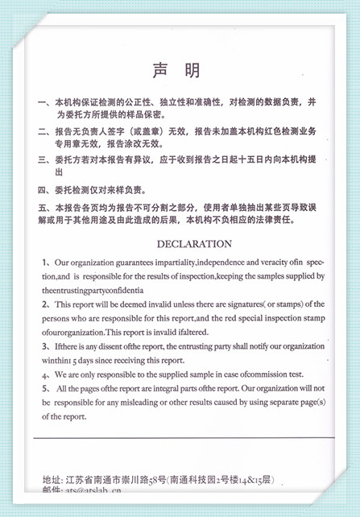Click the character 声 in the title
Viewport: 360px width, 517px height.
click(x=159, y=71)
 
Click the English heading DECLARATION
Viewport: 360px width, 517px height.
click(x=194, y=244)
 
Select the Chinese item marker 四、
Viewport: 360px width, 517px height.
click(x=45, y=190)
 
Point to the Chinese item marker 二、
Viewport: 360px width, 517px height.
click(x=45, y=131)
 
